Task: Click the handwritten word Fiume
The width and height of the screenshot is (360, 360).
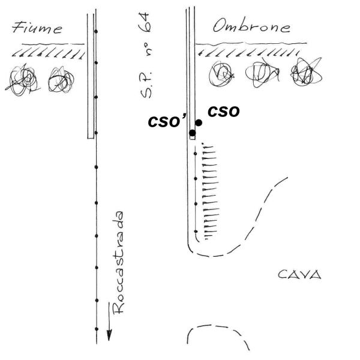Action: [37, 28]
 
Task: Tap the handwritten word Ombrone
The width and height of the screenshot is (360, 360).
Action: [251, 26]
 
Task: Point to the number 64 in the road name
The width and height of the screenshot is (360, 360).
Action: [145, 22]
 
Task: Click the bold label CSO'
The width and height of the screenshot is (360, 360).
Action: [167, 121]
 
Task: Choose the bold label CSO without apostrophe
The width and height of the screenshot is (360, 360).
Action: [224, 112]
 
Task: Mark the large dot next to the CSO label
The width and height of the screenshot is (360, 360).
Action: [199, 123]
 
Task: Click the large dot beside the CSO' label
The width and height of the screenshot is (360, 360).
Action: [193, 133]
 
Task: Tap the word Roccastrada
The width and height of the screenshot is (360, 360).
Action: [118, 262]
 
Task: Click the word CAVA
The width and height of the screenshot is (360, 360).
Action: [299, 274]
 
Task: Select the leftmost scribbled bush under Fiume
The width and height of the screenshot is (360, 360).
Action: [23, 80]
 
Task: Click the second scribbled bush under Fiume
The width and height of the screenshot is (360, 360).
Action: [61, 79]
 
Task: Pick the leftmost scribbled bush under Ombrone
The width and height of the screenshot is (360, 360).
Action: [221, 74]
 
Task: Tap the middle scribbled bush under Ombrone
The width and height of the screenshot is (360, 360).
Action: [262, 73]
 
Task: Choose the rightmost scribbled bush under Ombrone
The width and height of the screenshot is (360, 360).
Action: [306, 72]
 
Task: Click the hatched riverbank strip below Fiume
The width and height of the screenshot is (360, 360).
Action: [48, 50]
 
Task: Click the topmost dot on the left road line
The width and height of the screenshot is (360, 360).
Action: [96, 31]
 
